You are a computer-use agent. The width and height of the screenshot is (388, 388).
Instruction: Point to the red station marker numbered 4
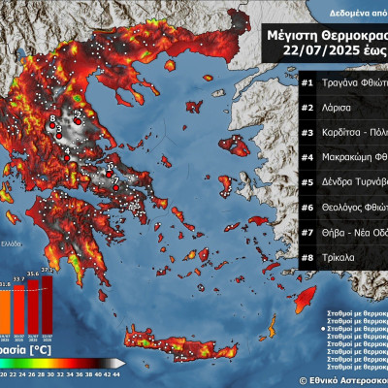(x=67, y=149)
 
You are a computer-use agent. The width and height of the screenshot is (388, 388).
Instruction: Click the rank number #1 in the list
(x=307, y=82)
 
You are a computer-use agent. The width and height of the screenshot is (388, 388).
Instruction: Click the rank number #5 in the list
(x=307, y=182)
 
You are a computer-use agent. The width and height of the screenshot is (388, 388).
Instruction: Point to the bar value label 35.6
(x=32, y=275)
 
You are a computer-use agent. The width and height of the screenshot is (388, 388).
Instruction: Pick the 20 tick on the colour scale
(x=4, y=372)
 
